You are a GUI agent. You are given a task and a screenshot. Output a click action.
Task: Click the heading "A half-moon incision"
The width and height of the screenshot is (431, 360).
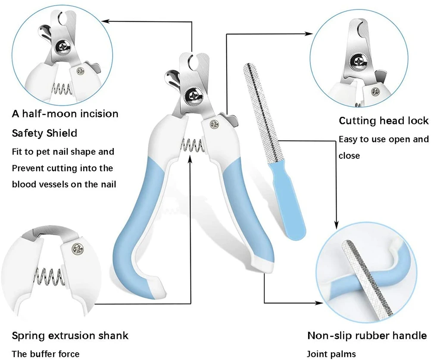coord(65,114)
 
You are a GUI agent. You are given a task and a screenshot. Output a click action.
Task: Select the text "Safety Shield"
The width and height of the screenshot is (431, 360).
coord(44,133)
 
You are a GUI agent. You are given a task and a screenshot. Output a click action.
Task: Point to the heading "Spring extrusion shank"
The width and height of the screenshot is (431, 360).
coord(70,335)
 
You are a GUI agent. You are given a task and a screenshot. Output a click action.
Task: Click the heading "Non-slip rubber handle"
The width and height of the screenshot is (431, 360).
coord(367,335)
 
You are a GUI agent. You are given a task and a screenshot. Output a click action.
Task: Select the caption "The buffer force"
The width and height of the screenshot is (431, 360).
coord(45,354)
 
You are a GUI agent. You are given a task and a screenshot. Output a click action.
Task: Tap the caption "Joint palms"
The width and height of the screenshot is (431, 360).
coord(331,354)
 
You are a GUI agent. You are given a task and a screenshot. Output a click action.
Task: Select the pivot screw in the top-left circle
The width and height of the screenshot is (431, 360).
coord(62,46)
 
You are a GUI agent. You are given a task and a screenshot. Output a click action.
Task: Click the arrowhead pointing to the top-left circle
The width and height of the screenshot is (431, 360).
coord(105,20)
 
